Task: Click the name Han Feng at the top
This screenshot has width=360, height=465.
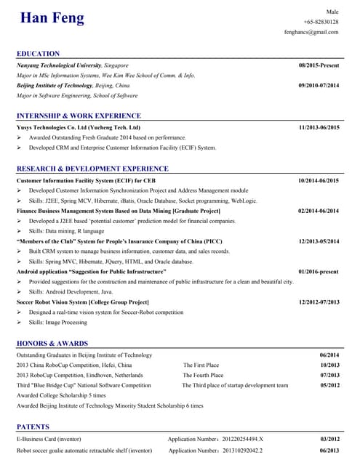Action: click(52, 18)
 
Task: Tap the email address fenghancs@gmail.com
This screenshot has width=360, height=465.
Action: click(311, 33)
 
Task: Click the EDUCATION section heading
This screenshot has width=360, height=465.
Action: click(39, 54)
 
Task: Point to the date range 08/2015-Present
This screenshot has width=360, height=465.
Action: click(319, 65)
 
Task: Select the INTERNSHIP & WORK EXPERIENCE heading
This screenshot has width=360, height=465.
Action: click(79, 116)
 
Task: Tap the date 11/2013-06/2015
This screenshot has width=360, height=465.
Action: click(319, 127)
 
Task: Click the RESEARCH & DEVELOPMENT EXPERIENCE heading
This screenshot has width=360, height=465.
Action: click(92, 169)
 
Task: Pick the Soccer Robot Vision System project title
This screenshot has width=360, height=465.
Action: click(83, 302)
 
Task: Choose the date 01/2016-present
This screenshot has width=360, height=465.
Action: click(318, 271)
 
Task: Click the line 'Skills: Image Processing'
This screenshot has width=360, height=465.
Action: click(58, 322)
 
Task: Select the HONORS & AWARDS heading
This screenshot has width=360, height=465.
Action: click(52, 343)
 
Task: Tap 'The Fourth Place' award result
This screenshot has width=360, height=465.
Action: click(203, 375)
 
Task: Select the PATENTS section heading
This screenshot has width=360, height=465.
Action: click(33, 426)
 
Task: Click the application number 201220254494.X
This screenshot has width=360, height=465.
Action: click(215, 439)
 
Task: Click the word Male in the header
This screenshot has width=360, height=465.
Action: click(332, 12)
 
